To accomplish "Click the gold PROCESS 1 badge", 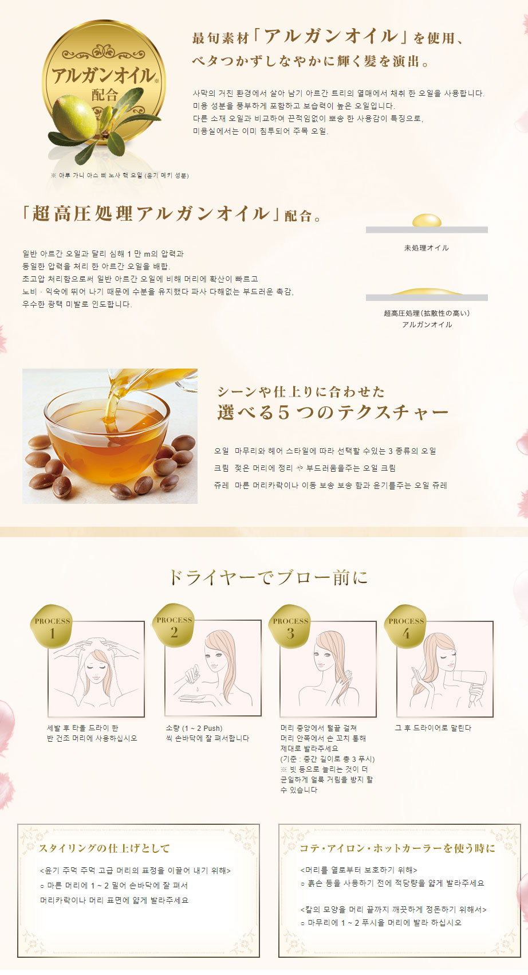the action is click(x=51, y=626).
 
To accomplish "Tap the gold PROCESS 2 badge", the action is click(x=174, y=625).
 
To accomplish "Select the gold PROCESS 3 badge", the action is click(x=290, y=626).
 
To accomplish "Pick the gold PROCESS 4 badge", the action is click(x=405, y=626).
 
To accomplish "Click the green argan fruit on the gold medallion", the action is click(x=73, y=117).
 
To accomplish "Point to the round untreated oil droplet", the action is click(x=427, y=220).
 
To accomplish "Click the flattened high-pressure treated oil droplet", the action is click(x=427, y=291).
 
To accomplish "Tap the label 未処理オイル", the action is click(x=426, y=248).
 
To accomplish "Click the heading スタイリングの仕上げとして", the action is click(x=104, y=848).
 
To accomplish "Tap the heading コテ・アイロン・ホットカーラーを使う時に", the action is click(x=397, y=848).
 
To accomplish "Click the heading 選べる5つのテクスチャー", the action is click(x=333, y=412).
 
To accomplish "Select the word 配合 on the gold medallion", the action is click(x=104, y=95).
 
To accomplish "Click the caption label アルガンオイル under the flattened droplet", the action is click(x=427, y=324).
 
